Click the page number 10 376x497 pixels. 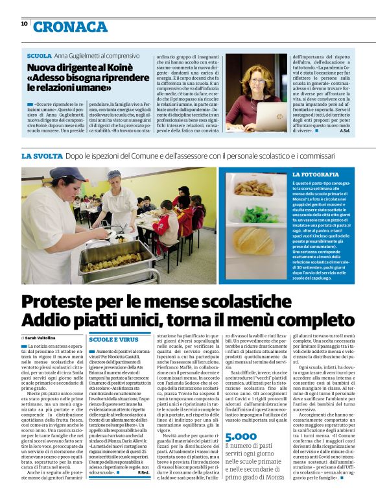click(24, 23)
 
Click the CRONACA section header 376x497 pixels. click(71, 27)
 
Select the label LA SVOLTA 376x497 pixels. click(41, 156)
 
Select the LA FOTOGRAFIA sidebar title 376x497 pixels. click(315, 175)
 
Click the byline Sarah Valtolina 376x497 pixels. click(41, 338)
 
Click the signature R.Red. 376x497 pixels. click(143, 472)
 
